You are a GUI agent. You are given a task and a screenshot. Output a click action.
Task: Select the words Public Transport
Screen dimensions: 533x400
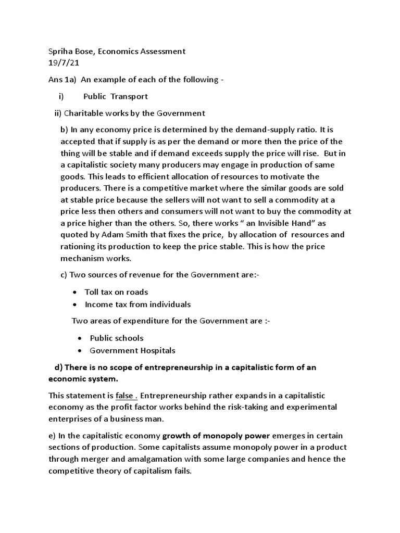(116, 96)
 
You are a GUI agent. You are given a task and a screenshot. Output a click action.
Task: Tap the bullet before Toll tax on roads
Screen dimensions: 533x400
(76, 293)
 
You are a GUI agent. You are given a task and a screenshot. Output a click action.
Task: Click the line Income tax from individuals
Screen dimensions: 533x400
(137, 304)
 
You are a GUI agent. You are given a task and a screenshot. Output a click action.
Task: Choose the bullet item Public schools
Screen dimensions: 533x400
(117, 338)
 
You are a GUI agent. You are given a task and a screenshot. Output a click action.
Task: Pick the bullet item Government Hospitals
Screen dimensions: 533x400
(132, 351)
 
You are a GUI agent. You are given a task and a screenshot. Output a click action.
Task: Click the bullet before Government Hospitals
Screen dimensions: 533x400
(81, 351)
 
